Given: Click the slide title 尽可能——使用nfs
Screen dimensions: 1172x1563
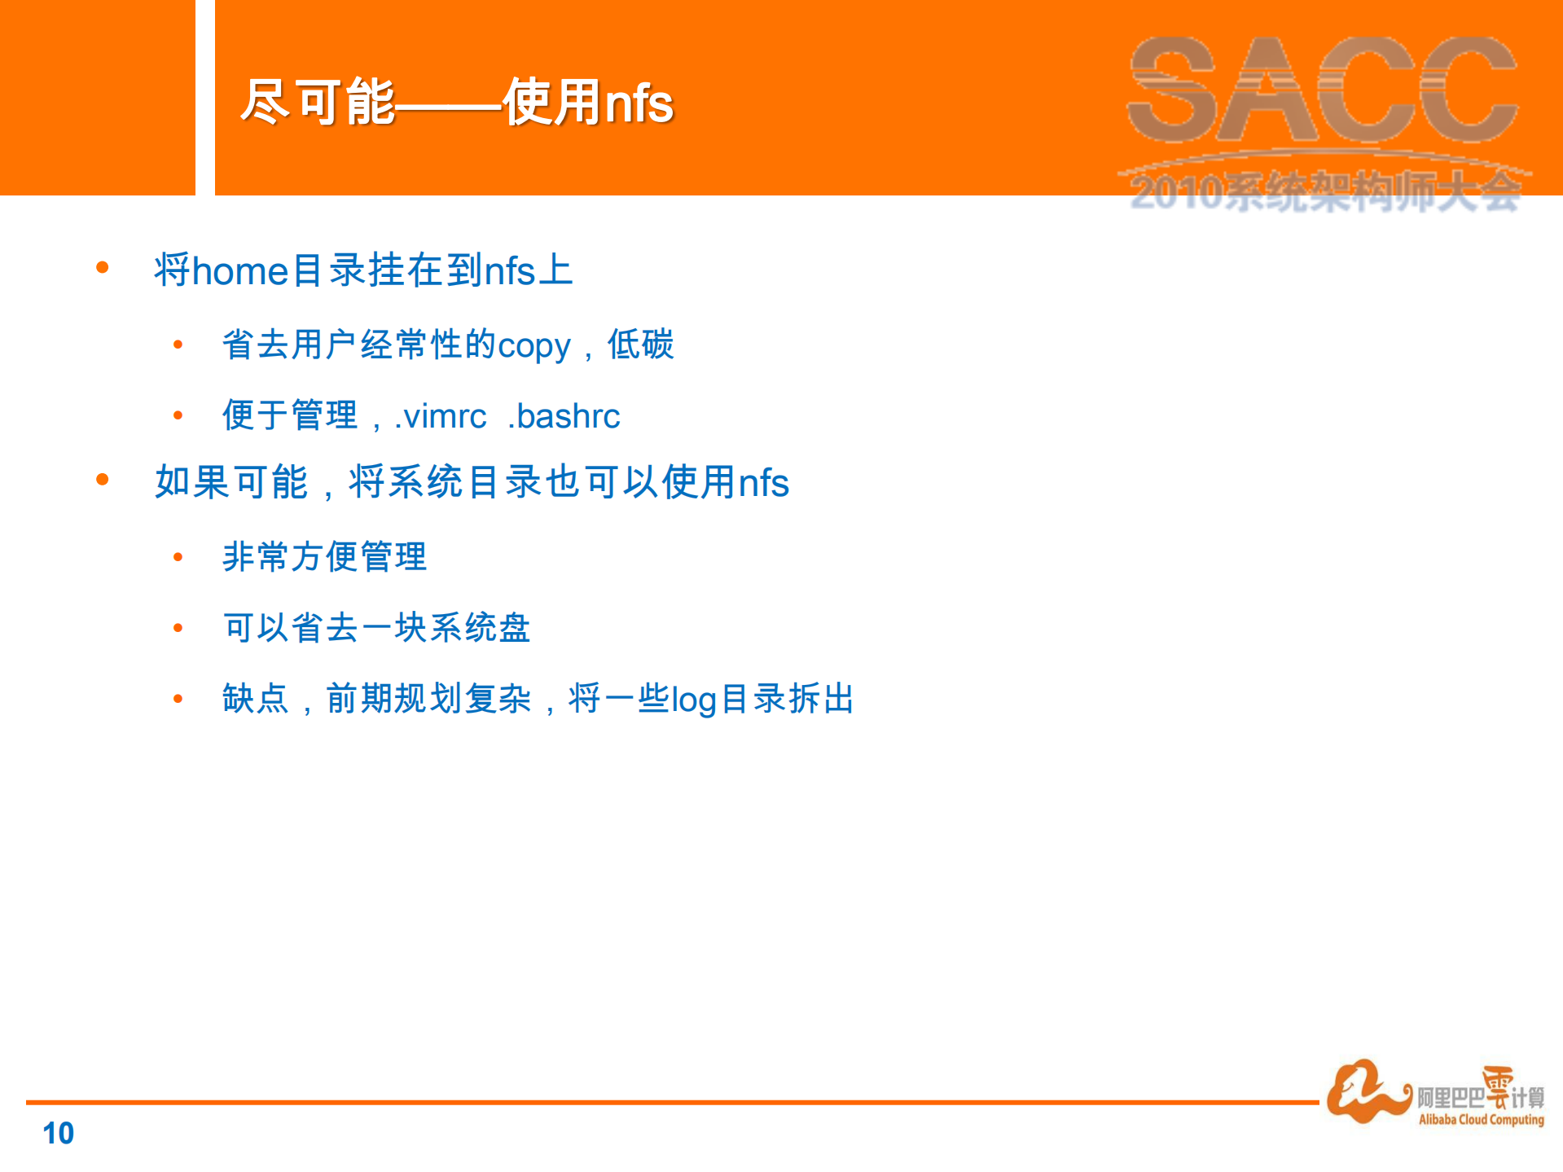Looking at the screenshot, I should [457, 103].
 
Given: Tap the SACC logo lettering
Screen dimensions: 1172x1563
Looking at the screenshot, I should [1323, 90].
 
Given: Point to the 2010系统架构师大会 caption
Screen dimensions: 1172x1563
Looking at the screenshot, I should [1324, 194].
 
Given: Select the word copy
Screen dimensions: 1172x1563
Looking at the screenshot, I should [533, 346].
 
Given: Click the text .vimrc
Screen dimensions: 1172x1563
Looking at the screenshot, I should [440, 416].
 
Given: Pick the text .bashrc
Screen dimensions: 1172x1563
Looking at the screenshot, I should [564, 416].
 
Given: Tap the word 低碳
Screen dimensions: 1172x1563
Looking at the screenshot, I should [640, 345].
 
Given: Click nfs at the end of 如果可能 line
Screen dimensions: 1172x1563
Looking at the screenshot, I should [763, 483].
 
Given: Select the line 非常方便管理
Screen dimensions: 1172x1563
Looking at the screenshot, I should [324, 557].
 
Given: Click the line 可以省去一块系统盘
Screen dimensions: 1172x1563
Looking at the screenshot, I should [376, 628].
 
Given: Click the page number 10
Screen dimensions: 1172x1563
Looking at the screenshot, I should [58, 1133].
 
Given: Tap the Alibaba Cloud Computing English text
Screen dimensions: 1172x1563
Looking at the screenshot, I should [1481, 1120].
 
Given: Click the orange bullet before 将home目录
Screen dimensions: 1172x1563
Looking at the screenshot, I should [103, 267].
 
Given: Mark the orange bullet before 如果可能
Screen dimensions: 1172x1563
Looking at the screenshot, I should [103, 479].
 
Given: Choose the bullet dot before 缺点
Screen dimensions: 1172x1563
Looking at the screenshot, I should [178, 699].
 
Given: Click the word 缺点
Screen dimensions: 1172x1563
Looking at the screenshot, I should [255, 699].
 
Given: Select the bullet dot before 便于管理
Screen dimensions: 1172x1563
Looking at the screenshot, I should [178, 415].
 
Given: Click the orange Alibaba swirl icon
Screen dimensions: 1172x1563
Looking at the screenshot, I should [1365, 1091].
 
